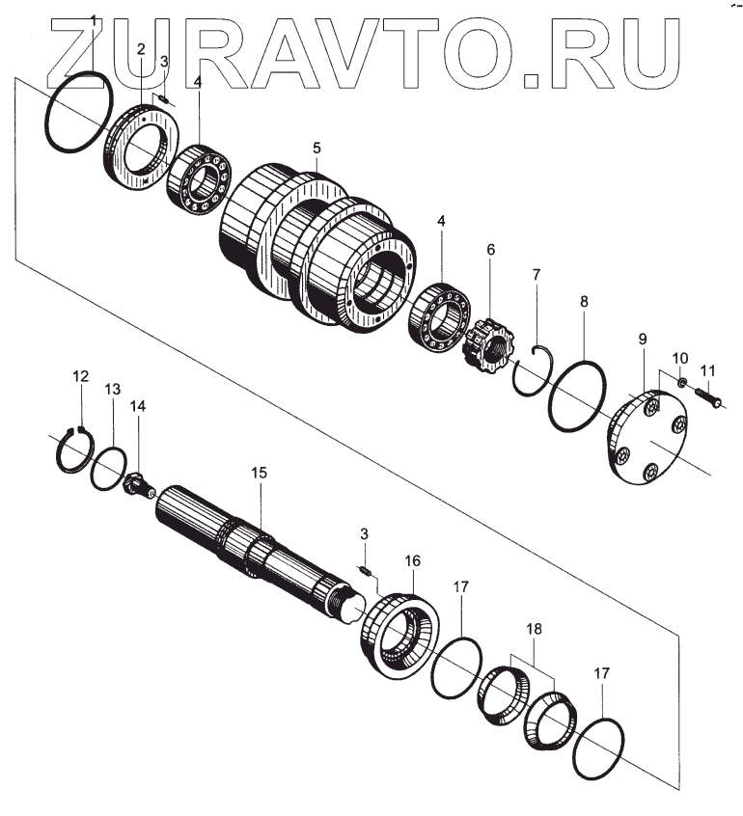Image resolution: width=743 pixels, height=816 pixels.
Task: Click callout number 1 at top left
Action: pyautogui.click(x=93, y=21)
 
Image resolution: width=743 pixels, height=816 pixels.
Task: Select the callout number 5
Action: pyautogui.click(x=316, y=149)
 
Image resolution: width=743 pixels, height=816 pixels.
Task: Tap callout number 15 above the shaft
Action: pyautogui.click(x=258, y=473)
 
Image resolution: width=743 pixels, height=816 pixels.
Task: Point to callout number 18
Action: pyautogui.click(x=534, y=629)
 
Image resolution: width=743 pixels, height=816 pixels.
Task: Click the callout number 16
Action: pyautogui.click(x=412, y=560)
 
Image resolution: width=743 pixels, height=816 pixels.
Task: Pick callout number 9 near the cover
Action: pyautogui.click(x=642, y=340)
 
